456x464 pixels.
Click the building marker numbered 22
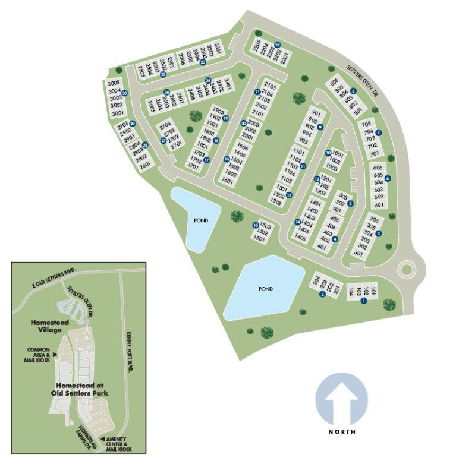(278, 43)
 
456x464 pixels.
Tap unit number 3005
(114, 84)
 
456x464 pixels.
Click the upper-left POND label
(201, 220)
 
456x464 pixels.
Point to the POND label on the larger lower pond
(265, 289)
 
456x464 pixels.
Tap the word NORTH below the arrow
(342, 432)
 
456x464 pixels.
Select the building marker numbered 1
(364, 300)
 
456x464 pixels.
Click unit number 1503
(266, 226)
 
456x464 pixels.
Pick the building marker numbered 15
(256, 225)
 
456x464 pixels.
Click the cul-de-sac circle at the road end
(407, 270)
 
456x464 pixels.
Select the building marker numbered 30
(125, 93)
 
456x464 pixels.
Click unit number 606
(378, 168)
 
